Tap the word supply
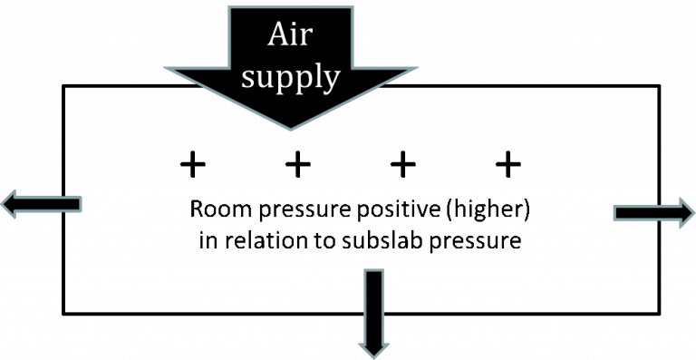(291, 78)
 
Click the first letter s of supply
(250, 79)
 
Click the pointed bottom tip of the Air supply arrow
(291, 129)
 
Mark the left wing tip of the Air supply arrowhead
(166, 68)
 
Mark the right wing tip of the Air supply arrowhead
(417, 68)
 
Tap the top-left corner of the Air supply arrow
(230, 7)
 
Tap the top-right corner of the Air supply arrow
(353, 7)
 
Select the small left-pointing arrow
(41, 205)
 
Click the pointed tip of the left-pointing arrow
(2, 205)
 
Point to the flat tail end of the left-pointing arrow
(81, 205)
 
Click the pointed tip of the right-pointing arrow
(694, 213)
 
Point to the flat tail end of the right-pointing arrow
(614, 213)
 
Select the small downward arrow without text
(373, 313)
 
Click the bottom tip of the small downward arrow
(373, 357)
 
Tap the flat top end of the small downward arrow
(373, 269)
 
